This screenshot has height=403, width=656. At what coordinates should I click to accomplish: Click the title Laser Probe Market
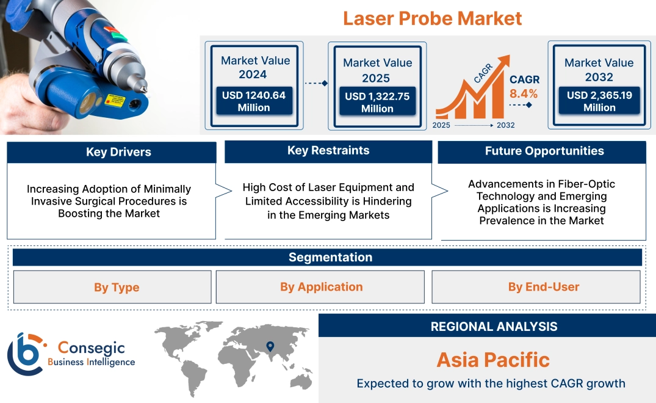point(432,18)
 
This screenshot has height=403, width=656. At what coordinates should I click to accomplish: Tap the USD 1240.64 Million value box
point(254,101)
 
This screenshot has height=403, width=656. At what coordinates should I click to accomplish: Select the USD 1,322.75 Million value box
point(377,102)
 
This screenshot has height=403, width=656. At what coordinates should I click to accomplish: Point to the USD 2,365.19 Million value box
point(599,101)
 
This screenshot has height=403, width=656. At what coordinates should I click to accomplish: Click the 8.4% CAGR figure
point(524,93)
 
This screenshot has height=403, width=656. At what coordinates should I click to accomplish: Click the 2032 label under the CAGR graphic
point(505,125)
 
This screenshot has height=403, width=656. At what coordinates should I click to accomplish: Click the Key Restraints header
point(328,151)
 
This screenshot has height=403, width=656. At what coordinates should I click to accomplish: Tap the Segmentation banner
point(330,257)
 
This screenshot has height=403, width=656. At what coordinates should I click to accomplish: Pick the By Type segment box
point(117,287)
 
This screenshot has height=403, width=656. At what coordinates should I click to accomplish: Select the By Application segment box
point(321,287)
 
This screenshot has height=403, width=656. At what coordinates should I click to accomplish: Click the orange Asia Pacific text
point(493,359)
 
